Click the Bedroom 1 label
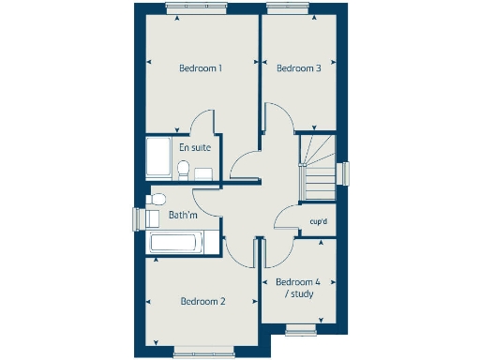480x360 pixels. (200, 68)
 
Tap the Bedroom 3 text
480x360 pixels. (298, 68)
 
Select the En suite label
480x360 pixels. (194, 147)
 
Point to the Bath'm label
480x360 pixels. (183, 216)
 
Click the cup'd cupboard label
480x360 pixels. (318, 221)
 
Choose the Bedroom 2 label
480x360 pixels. (202, 301)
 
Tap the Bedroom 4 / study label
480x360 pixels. (298, 288)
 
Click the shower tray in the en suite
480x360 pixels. (158, 158)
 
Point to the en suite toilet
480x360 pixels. (185, 169)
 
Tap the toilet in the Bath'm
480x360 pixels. (157, 198)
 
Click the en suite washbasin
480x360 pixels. (203, 172)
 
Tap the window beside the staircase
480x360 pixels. (344, 174)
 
